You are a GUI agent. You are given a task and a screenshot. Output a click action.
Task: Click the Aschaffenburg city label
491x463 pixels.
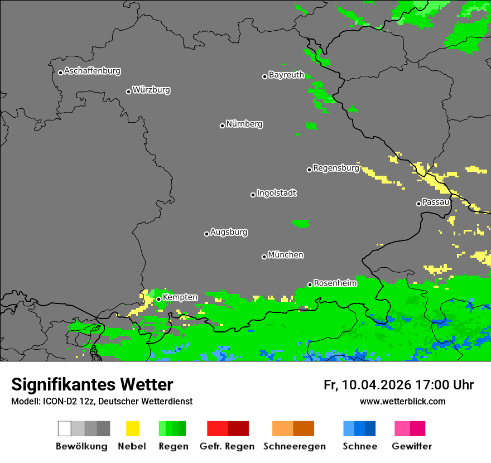pos(92,71)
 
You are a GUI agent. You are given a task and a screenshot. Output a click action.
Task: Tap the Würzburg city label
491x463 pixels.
pos(151,90)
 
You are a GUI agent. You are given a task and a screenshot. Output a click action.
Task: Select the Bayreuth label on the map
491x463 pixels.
pos(286,75)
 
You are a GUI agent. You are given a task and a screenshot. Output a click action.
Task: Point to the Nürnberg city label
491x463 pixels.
pos(244,124)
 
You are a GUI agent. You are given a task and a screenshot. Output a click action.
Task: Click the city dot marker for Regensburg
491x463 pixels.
pos(309,170)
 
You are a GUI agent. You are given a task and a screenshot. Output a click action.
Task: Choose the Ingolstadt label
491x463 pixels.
pos(277,193)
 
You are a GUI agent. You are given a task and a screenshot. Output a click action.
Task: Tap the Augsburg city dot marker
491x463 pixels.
pos(206,234)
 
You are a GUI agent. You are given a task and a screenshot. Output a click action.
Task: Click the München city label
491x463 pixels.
pos(286,255)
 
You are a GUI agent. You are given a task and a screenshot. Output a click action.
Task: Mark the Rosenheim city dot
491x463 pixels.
pos(310,285)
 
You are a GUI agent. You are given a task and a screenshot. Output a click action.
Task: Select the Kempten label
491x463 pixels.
pos(180,297)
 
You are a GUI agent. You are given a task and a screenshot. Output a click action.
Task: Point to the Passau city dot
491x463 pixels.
pos(418,204)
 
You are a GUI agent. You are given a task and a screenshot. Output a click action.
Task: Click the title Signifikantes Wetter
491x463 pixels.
pos(92,384)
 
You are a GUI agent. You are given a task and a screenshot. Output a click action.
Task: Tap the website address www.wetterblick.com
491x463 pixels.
pos(402,401)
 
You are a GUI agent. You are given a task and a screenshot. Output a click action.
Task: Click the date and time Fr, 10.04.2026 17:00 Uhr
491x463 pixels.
pos(398,385)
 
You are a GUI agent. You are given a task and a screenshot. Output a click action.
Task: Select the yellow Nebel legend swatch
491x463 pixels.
pos(132,428)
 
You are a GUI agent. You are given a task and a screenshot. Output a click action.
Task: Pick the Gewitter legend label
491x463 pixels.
pos(412,446)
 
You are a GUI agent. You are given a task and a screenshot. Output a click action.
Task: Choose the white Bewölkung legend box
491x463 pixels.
pos(65,428)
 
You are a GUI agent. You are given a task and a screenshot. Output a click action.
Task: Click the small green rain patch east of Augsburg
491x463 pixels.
pos(301,223)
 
